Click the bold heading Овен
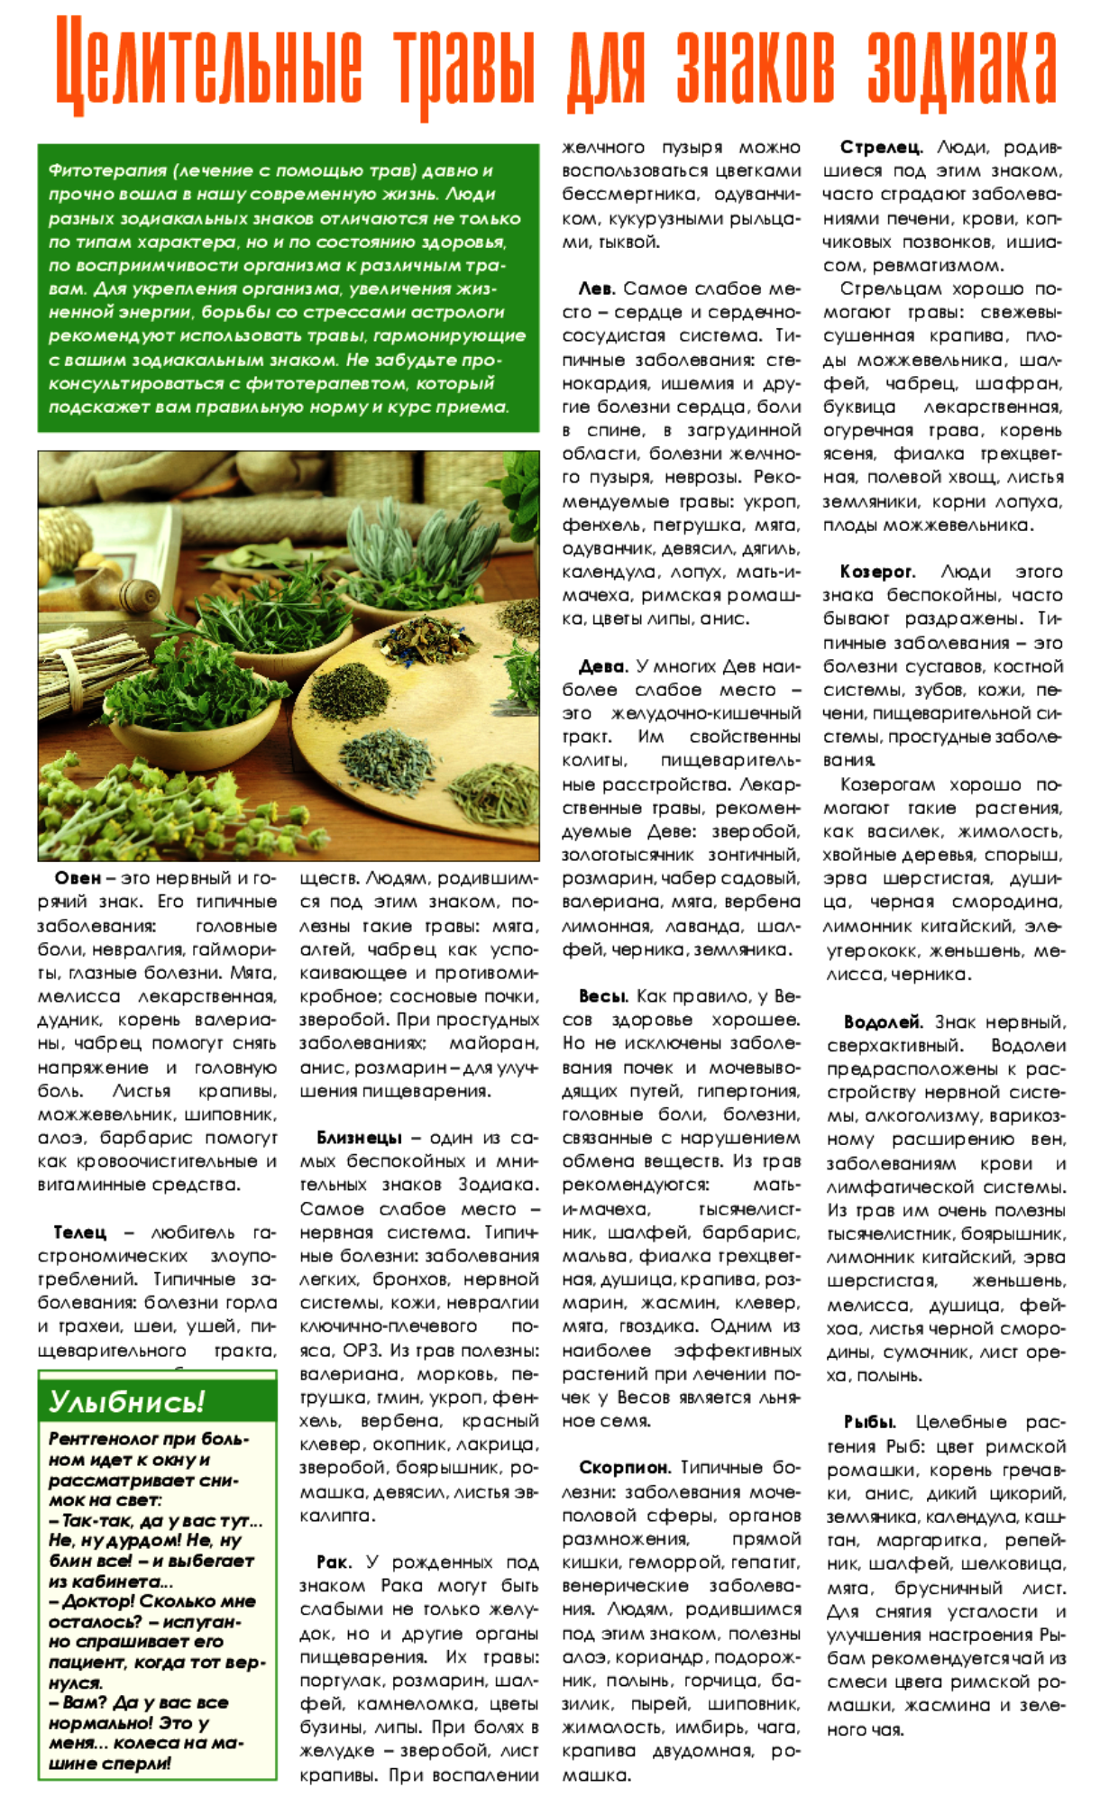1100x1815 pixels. (78, 878)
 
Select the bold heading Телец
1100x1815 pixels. (79, 1233)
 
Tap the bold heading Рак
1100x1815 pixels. (333, 1563)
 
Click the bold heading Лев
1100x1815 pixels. (596, 289)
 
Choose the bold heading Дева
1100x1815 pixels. (602, 666)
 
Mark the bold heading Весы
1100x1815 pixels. (603, 996)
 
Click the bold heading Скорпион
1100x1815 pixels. (625, 1468)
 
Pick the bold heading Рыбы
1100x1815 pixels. (869, 1422)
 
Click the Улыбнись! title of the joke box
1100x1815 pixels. (126, 1402)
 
